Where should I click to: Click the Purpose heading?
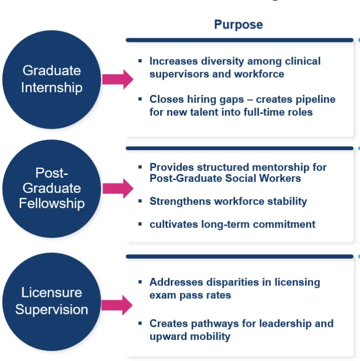(x=238, y=24)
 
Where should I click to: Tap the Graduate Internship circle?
(x=51, y=79)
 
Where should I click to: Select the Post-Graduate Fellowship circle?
(x=51, y=188)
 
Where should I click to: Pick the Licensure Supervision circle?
(x=51, y=301)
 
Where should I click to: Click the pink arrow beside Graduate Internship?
(x=117, y=79)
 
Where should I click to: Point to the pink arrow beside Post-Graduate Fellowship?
(x=117, y=188)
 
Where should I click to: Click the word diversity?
(x=223, y=61)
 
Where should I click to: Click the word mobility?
(x=208, y=336)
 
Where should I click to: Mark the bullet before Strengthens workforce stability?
(x=140, y=201)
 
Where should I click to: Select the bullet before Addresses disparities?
(x=140, y=282)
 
